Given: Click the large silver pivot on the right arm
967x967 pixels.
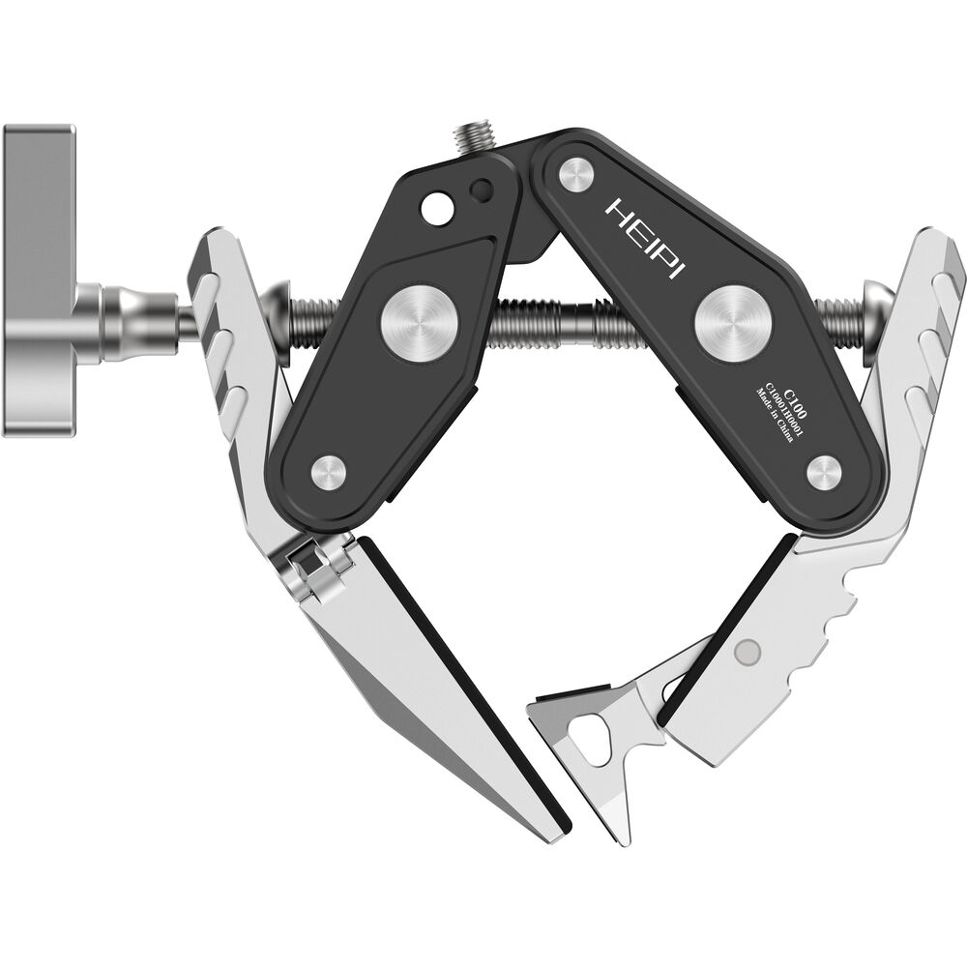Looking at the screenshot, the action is point(734,323).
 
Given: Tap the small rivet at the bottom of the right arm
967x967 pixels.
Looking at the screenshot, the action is point(825,474).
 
